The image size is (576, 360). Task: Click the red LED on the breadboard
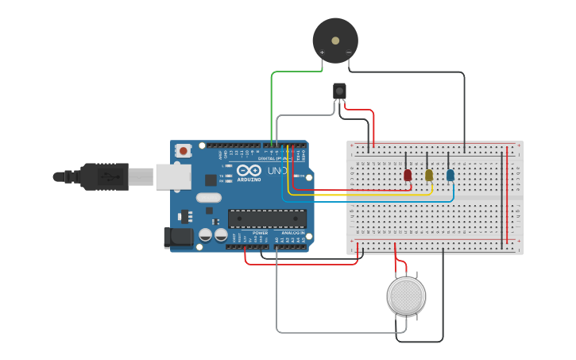(x=408, y=175)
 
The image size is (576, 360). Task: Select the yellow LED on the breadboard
(x=429, y=175)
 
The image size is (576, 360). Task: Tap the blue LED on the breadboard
(x=450, y=175)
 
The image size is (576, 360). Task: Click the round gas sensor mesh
(x=406, y=295)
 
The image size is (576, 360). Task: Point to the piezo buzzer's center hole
(x=335, y=39)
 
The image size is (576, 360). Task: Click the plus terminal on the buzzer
(x=322, y=53)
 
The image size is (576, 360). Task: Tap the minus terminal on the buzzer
(x=349, y=53)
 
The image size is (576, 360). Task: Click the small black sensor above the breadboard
(x=340, y=91)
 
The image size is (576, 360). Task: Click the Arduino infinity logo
(x=249, y=171)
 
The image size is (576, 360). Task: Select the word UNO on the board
(x=276, y=171)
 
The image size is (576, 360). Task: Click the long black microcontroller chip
(x=267, y=218)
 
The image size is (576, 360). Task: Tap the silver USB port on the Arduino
(x=173, y=176)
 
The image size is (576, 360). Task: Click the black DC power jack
(x=178, y=237)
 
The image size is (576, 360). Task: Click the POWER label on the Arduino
(x=260, y=233)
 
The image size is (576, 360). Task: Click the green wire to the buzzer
(x=273, y=103)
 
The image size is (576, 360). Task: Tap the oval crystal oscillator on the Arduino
(x=208, y=198)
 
